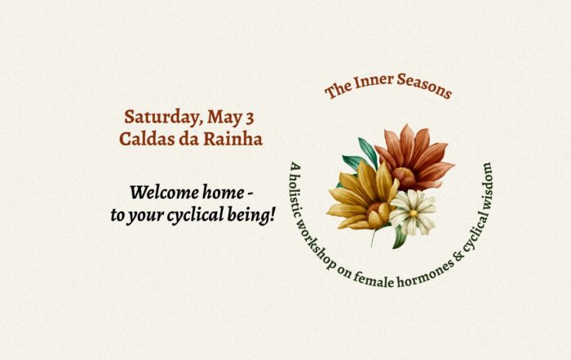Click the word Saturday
pos(163,118)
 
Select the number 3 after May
pos(250,118)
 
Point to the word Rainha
pos(232,139)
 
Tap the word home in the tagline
pos(224,192)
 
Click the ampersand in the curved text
pos(460,256)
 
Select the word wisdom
pos(488,184)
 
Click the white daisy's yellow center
pos(413,213)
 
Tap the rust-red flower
pos(414,158)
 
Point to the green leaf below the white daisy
pos(399,238)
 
